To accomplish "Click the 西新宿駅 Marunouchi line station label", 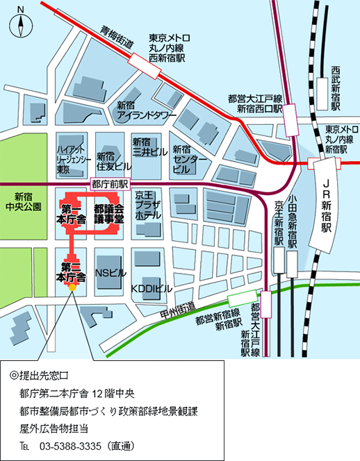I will [x=170, y=49].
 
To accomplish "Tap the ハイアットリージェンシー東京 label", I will [x=72, y=159].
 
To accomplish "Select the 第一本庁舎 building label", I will [x=71, y=214].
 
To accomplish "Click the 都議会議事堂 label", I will [x=109, y=214].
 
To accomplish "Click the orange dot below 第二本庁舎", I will [x=71, y=287].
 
